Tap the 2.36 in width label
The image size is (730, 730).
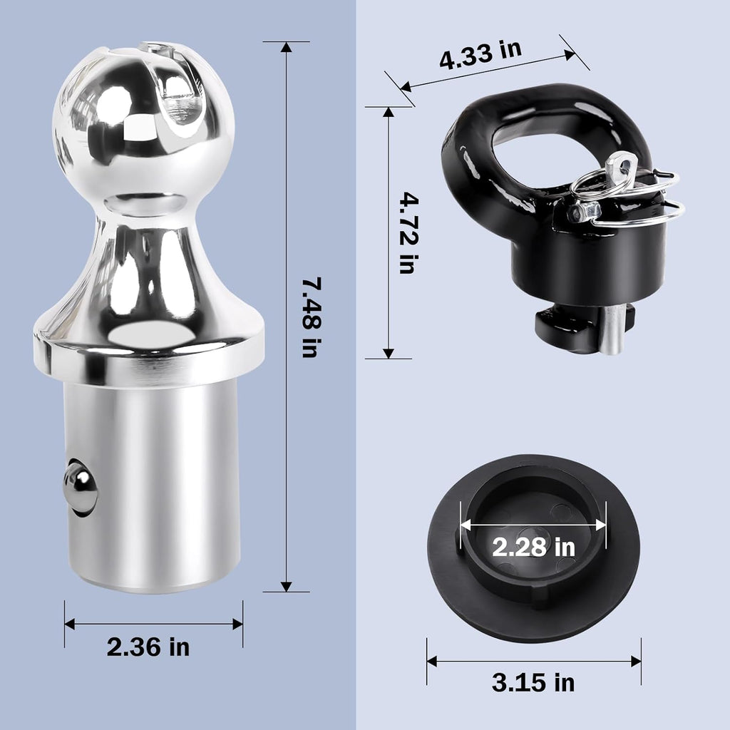coord(148,647)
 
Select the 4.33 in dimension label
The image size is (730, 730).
coord(480,54)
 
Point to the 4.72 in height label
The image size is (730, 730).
coord(410,232)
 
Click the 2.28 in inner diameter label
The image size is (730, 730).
coord(533,547)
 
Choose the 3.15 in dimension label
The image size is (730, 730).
coord(533,682)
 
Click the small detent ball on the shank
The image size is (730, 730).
coord(80,486)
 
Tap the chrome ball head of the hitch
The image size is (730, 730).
coord(143,118)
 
